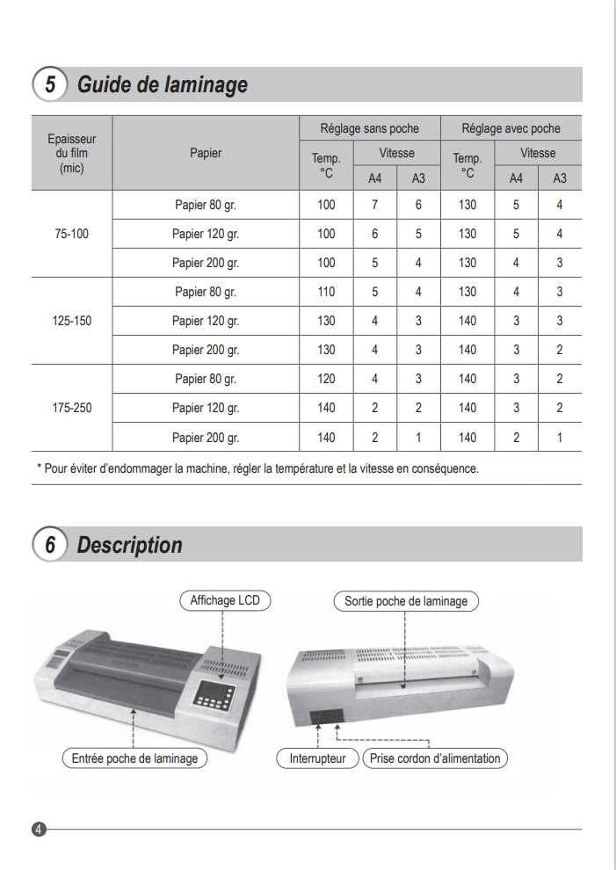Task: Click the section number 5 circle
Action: click(50, 84)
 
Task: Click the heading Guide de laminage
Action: click(163, 84)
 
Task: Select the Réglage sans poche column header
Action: click(369, 128)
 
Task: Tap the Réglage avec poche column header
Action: click(511, 128)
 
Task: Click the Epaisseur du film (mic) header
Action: click(72, 153)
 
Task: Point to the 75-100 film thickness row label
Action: click(72, 234)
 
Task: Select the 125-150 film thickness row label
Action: click(72, 321)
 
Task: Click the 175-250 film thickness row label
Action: click(72, 408)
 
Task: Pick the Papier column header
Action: click(206, 153)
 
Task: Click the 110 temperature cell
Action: click(326, 292)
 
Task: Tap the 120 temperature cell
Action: click(326, 379)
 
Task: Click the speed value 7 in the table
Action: click(375, 205)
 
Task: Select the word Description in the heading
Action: click(130, 545)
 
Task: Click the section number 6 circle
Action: click(50, 545)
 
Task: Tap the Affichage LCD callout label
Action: click(226, 601)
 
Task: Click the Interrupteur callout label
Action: click(318, 758)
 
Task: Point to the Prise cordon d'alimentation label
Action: click(435, 758)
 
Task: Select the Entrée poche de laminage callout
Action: click(134, 758)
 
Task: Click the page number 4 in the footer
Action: click(39, 829)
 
